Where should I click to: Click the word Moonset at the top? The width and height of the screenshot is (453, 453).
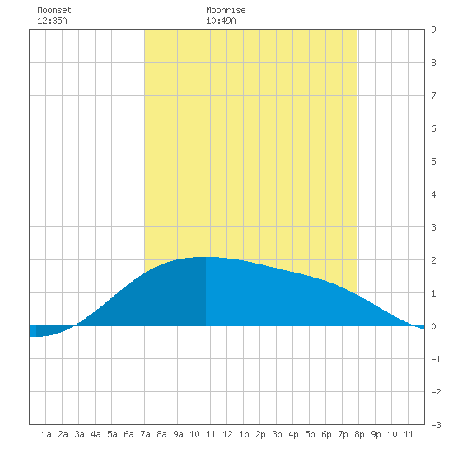tap(54, 10)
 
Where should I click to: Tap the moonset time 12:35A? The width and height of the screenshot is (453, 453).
tap(52, 21)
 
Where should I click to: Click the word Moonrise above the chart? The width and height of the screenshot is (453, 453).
tap(226, 10)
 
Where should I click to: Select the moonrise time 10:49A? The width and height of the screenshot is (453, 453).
tap(221, 21)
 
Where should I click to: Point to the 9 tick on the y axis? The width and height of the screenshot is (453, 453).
tap(433, 30)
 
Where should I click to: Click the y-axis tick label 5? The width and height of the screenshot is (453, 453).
tap(433, 161)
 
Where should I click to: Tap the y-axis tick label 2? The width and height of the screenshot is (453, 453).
tap(433, 260)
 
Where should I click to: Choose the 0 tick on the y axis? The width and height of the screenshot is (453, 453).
tap(433, 326)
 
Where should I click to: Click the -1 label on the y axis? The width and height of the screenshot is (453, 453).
tap(436, 359)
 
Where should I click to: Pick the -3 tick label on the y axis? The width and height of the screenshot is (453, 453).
tap(436, 425)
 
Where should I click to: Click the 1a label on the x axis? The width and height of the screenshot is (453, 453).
tap(46, 434)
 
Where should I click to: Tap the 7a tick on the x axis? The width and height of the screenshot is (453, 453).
tap(145, 434)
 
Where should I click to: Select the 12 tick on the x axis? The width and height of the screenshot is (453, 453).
tap(227, 434)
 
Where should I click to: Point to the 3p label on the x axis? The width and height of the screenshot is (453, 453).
tap(277, 434)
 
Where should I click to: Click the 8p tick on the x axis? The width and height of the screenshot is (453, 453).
tap(359, 434)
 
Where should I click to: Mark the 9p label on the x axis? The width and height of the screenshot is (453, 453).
tap(376, 434)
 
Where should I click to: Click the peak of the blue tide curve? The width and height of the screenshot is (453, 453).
tap(206, 257)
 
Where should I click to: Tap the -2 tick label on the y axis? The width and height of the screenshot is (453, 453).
tap(436, 392)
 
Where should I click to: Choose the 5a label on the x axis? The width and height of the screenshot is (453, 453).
tap(112, 434)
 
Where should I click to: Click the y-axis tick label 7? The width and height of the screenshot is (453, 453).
tap(433, 96)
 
